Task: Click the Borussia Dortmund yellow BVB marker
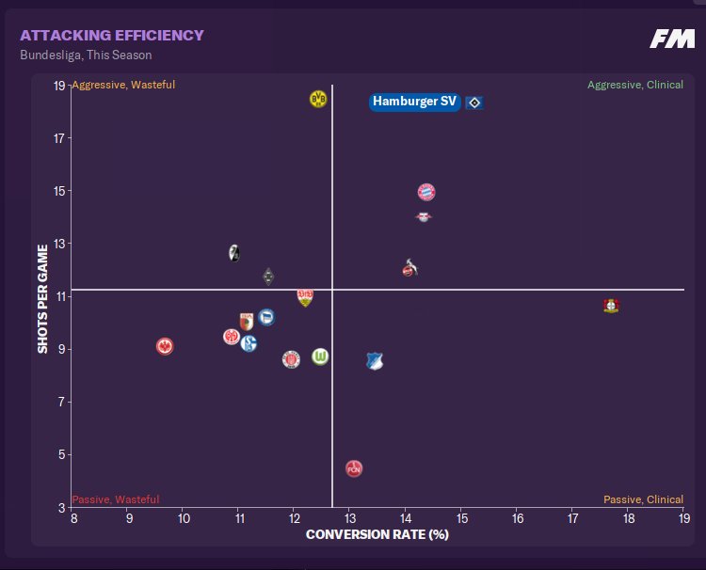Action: [x=318, y=99]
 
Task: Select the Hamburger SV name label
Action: [x=415, y=102]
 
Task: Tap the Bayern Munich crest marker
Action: [x=426, y=192]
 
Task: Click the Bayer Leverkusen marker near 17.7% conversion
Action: [x=611, y=306]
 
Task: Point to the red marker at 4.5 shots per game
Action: [x=354, y=468]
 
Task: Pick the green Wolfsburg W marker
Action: [x=321, y=356]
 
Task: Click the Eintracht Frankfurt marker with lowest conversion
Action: [x=165, y=346]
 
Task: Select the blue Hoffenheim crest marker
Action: [x=375, y=361]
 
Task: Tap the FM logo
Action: [x=672, y=39]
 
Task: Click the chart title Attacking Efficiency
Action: [x=112, y=36]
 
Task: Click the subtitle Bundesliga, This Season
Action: [x=86, y=55]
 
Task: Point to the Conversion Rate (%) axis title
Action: [x=377, y=535]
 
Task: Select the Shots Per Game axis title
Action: [x=42, y=298]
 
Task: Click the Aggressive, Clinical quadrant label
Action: [x=635, y=85]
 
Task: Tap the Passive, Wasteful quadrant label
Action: [x=116, y=499]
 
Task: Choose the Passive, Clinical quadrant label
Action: [x=643, y=499]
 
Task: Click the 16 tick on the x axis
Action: [x=517, y=518]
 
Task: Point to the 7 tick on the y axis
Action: [x=59, y=403]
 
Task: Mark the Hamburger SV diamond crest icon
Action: [x=474, y=102]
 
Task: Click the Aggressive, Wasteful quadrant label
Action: [x=123, y=85]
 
